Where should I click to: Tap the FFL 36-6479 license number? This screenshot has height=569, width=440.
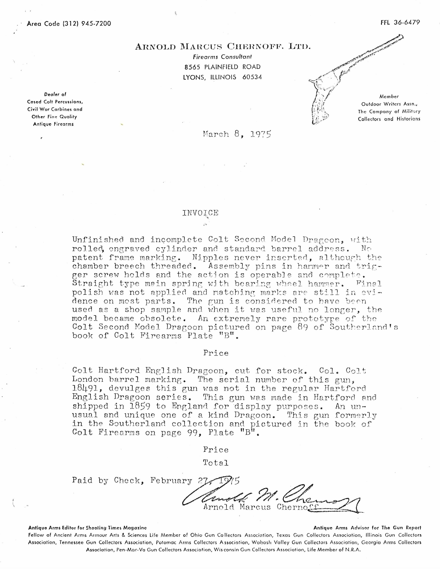[400, 22]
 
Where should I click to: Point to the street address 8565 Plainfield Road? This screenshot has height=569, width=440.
[222, 67]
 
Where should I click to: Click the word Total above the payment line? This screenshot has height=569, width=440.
[216, 463]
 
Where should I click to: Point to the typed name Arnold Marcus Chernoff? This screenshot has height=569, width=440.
[261, 507]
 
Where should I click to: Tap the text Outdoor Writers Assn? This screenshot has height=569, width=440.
[389, 104]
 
